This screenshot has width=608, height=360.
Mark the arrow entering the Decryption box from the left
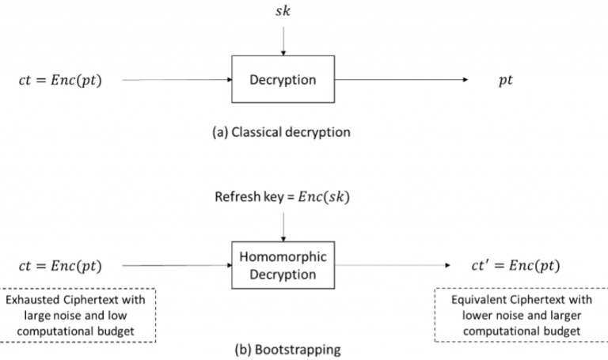click(x=176, y=80)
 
